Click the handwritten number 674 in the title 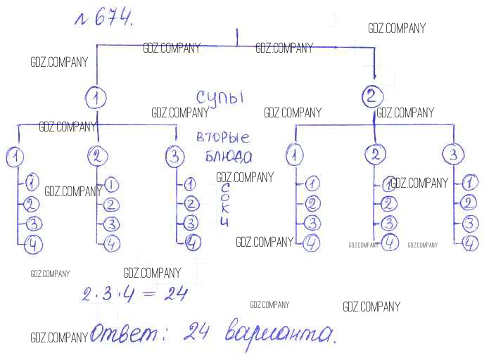(x=113, y=19)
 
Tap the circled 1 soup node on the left (x=96, y=96)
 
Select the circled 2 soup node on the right (x=374, y=96)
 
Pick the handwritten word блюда (x=226, y=155)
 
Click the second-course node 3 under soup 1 (x=175, y=156)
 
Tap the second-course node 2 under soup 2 (x=376, y=154)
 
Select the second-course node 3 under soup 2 (x=454, y=154)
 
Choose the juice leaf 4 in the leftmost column (x=32, y=245)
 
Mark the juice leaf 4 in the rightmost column (x=471, y=243)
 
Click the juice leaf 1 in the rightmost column (x=471, y=183)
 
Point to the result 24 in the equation (x=174, y=292)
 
